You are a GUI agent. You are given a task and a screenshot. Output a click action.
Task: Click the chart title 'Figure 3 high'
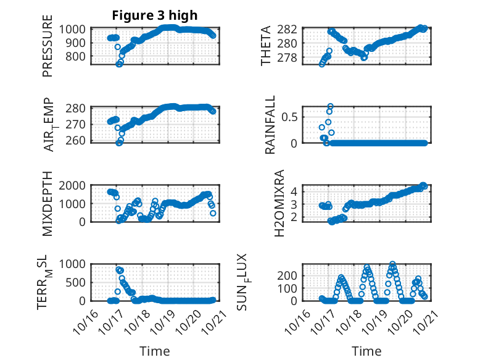pos(154,15)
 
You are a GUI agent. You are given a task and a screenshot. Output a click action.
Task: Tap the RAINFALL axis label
pos(270,125)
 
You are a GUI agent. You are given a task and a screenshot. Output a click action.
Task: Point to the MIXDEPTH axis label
pos(48,204)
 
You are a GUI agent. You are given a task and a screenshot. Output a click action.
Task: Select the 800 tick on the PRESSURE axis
pos(80,56)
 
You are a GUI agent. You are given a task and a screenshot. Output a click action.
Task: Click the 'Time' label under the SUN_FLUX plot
pos(366,351)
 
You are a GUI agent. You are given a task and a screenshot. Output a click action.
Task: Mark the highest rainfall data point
pos(330,107)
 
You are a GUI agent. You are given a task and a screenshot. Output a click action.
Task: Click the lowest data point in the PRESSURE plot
pos(119,64)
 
